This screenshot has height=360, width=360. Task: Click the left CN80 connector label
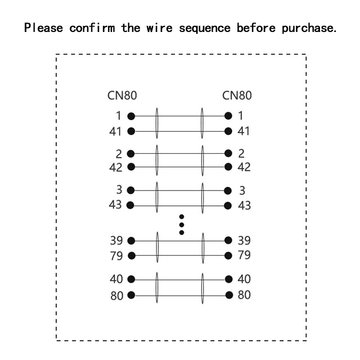pyautogui.click(x=122, y=95)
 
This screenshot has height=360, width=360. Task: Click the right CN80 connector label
pyautogui.click(x=237, y=95)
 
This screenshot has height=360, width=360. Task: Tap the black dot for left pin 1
pyautogui.click(x=131, y=116)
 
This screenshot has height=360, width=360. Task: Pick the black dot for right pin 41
pyautogui.click(x=229, y=131)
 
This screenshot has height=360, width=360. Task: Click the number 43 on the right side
pyautogui.click(x=243, y=205)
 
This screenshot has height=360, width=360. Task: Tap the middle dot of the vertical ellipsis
pyautogui.click(x=181, y=225)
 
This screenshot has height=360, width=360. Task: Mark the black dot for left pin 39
pyautogui.click(x=131, y=240)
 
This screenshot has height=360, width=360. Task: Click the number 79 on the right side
pyautogui.click(x=243, y=255)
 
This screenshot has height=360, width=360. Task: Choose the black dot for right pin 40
pyautogui.click(x=229, y=279)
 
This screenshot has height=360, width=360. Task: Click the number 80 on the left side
pyautogui.click(x=117, y=296)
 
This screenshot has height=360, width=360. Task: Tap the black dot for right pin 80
pyautogui.click(x=229, y=295)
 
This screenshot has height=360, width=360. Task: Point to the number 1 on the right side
pyautogui.click(x=240, y=116)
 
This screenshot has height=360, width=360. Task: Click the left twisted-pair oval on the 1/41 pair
pyautogui.click(x=157, y=124)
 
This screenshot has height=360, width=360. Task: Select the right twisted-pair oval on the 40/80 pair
pyautogui.click(x=202, y=288)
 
